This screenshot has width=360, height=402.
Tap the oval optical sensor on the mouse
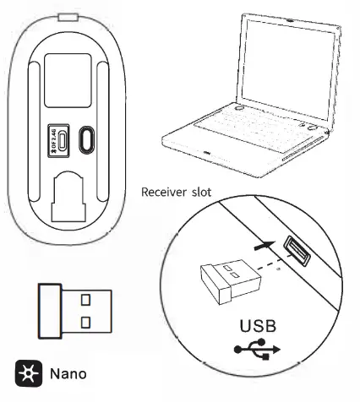click(x=85, y=139)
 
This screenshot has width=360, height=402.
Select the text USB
click(x=259, y=325)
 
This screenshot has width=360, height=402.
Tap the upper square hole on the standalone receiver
click(x=86, y=298)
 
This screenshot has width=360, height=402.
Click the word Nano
click(x=69, y=372)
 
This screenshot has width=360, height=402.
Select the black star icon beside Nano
click(x=27, y=372)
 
